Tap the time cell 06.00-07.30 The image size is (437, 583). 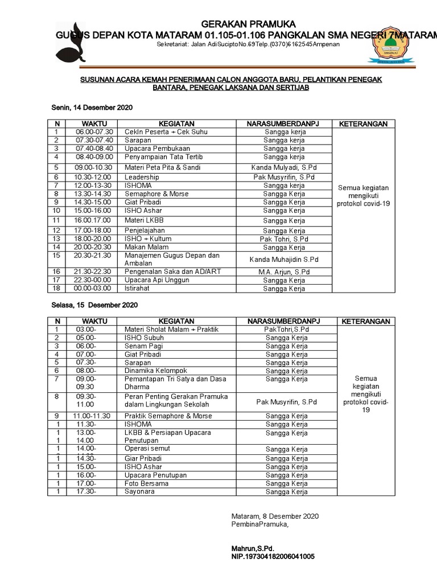[94, 132]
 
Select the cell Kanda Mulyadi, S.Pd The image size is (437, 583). [284, 168]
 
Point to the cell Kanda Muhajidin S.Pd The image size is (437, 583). [284, 260]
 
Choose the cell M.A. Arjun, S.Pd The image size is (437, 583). [284, 272]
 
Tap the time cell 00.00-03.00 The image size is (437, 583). [94, 289]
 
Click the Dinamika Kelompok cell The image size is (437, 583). [151, 371]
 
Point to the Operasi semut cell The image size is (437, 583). [147, 449]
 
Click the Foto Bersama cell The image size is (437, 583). [146, 484]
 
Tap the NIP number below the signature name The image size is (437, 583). [273, 556]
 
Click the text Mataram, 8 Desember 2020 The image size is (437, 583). [275, 516]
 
